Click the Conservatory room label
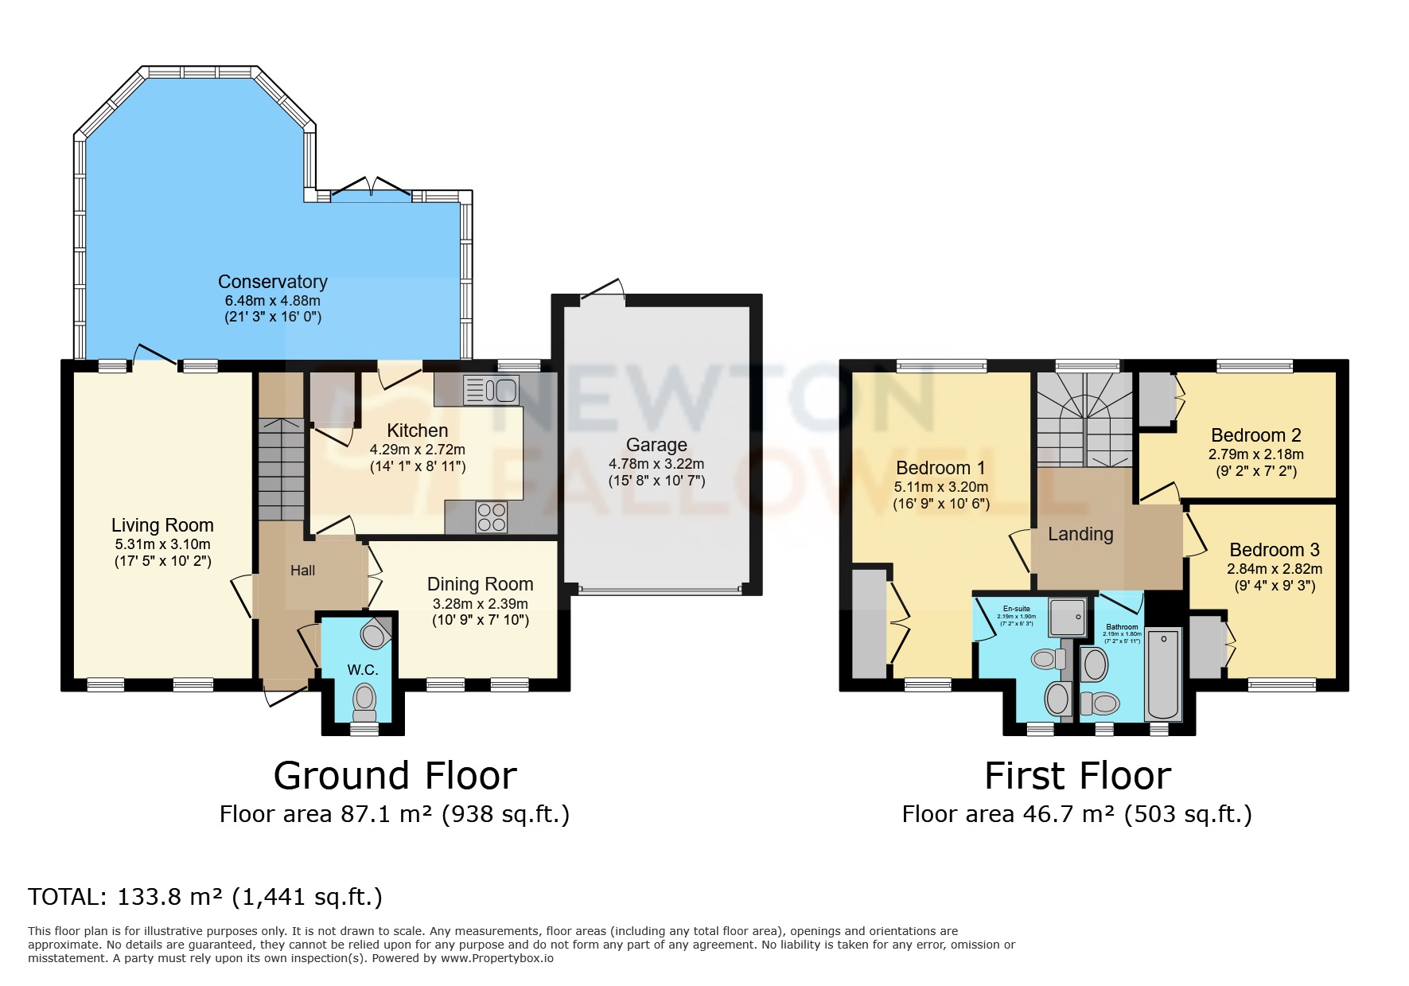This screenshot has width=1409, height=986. (x=272, y=282)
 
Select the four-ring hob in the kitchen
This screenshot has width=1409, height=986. (x=491, y=517)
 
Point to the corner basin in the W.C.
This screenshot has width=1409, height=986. (x=373, y=634)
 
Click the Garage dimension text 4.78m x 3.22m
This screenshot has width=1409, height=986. (x=656, y=463)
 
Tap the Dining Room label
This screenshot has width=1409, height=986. (x=480, y=584)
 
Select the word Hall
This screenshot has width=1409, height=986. (x=302, y=571)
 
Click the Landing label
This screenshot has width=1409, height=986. (x=1080, y=534)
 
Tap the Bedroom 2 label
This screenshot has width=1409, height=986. (x=1255, y=435)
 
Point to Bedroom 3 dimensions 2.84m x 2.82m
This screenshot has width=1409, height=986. (x=1274, y=569)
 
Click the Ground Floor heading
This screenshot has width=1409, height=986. (x=395, y=775)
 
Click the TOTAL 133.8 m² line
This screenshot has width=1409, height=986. (x=205, y=897)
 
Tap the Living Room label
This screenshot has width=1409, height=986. (x=162, y=525)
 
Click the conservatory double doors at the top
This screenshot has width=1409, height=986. (x=371, y=188)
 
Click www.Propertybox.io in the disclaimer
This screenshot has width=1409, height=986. (x=496, y=958)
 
